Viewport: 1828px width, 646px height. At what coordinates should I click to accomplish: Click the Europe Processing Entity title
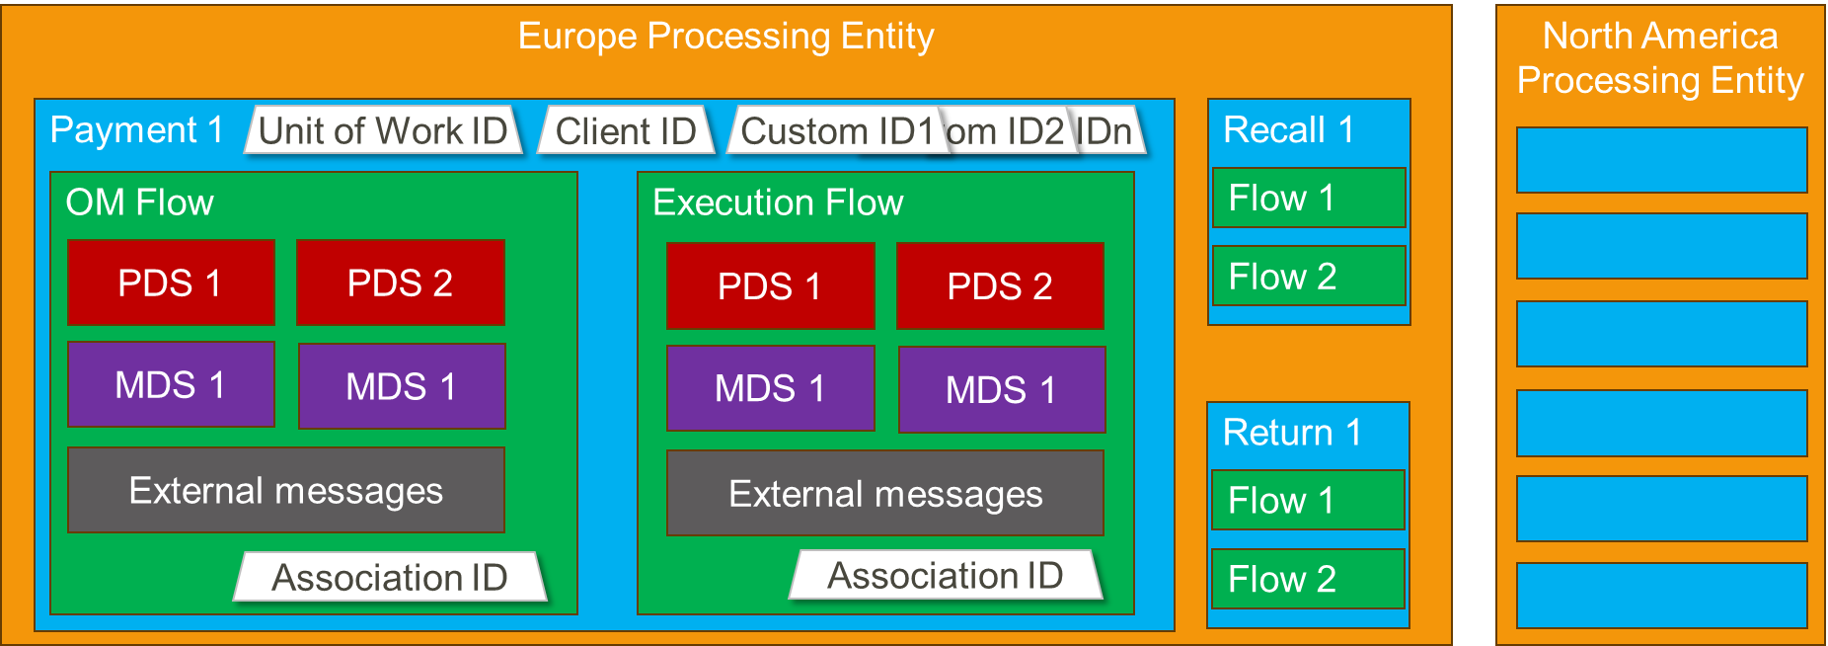[x=725, y=37]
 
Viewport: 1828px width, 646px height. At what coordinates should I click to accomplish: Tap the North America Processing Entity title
[x=1660, y=57]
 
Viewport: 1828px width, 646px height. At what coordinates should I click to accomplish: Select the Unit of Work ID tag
[x=383, y=130]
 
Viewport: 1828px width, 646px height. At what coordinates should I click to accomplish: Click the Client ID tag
[x=626, y=130]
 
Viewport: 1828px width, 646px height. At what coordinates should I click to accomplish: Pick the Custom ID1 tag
[x=834, y=130]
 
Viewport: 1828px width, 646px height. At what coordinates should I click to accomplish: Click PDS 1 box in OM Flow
[x=171, y=283]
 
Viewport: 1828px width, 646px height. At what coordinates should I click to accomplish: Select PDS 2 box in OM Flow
[x=401, y=283]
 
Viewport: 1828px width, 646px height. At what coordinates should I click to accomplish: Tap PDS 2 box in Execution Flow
[x=1000, y=285]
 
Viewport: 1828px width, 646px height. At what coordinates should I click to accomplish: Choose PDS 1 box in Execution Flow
[x=770, y=285]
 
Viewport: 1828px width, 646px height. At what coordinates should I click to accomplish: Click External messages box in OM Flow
[x=286, y=490]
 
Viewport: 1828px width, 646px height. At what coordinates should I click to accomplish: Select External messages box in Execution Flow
[x=885, y=493]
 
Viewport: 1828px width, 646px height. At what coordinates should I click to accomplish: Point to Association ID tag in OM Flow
[x=390, y=577]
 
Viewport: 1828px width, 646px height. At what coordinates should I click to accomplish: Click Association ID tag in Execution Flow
[x=946, y=575]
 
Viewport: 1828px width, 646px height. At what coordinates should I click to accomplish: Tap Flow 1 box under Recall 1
[x=1309, y=198]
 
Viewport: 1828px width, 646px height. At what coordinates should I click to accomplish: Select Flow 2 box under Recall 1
[x=1309, y=276]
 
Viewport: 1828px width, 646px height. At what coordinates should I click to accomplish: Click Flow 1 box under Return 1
[x=1309, y=500]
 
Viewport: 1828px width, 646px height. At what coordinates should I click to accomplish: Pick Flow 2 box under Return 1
[x=1309, y=579]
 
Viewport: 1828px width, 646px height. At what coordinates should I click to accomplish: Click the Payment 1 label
[x=137, y=129]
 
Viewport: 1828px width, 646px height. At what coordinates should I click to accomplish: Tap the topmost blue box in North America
[x=1661, y=160]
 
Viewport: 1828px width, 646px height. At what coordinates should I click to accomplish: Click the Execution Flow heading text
[x=778, y=202]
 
